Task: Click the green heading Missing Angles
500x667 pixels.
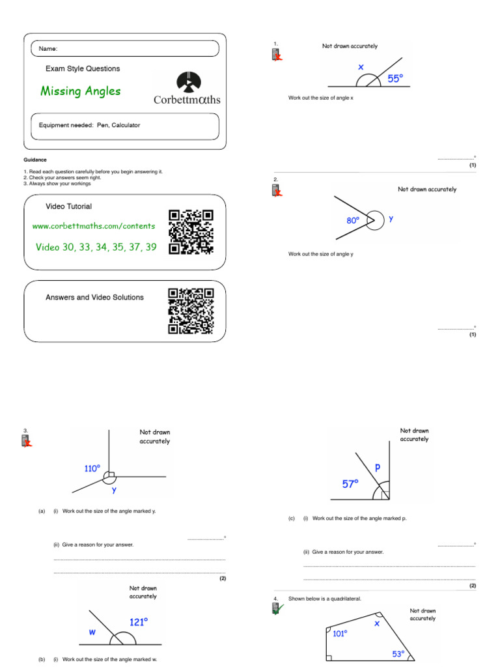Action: [x=81, y=91]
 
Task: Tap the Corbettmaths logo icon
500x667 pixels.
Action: [x=189, y=82]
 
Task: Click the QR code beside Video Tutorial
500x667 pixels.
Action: [x=191, y=231]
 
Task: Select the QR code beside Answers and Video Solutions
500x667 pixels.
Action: [x=191, y=311]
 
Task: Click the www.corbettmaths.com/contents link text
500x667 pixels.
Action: [x=94, y=226]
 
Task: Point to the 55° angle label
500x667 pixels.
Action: [x=395, y=78]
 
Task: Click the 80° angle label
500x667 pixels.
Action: [x=353, y=221]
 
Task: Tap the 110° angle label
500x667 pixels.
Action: [x=92, y=468]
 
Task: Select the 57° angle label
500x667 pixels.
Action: [x=352, y=484]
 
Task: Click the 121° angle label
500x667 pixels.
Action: [x=138, y=622]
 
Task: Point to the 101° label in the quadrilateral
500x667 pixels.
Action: [x=340, y=632]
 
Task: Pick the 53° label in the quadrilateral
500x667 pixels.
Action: [x=398, y=653]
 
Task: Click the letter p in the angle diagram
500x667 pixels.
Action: [x=377, y=468]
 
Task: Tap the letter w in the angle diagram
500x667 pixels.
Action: [x=92, y=632]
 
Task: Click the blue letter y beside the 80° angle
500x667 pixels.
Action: [x=391, y=220]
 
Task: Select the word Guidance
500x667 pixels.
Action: [x=35, y=160]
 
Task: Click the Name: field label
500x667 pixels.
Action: [x=48, y=49]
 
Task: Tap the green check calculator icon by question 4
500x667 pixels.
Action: [x=277, y=609]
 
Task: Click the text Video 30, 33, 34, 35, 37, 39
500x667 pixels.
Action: [x=96, y=248]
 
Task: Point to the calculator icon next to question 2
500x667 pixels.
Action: [x=277, y=190]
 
